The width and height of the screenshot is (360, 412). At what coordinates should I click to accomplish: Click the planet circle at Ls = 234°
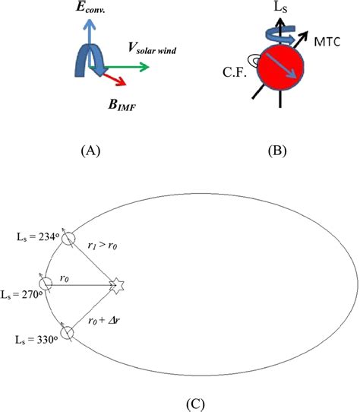coord(68,238)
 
